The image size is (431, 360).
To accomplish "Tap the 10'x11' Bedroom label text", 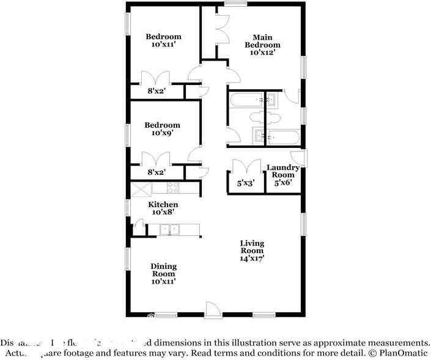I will [x=163, y=40].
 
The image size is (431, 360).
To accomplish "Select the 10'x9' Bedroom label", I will [x=162, y=129].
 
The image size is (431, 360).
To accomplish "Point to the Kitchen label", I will [x=163, y=204].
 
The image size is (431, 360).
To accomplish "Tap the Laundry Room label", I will [x=283, y=171].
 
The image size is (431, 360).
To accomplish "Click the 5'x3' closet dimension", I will [x=246, y=182].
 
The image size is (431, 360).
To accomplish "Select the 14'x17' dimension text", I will [x=251, y=259].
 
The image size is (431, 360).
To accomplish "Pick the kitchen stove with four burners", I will [x=173, y=189].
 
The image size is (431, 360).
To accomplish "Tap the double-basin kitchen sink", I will [x=169, y=230].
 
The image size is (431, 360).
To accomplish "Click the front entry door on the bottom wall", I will [x=211, y=310].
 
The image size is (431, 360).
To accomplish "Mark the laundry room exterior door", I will [x=301, y=157].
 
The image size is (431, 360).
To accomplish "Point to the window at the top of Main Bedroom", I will [x=231, y=5].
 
